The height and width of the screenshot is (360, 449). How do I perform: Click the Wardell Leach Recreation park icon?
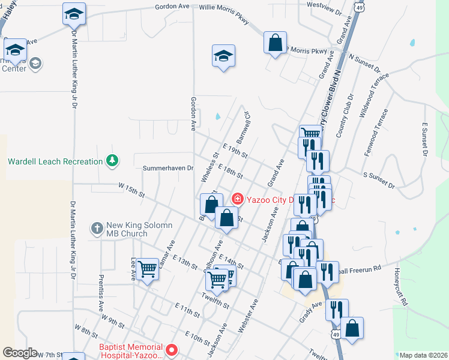111,161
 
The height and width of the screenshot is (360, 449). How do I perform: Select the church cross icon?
97,228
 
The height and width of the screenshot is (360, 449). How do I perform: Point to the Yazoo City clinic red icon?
237,199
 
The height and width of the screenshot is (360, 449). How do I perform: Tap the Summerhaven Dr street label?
168,169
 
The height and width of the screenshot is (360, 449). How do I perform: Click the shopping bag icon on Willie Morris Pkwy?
275,43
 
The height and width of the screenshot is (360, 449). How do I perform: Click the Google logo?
20,353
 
